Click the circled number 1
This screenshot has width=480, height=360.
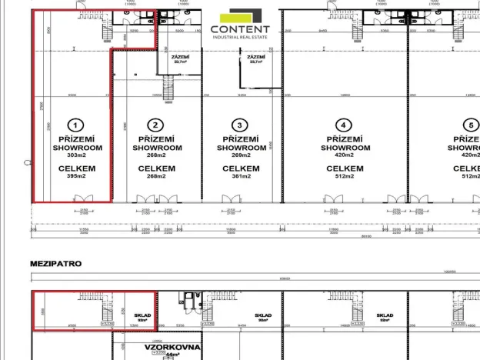pos(75,125)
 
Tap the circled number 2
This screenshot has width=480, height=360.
pos(156,125)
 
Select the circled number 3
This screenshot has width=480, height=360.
pos(240,125)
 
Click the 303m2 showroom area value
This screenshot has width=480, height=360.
pos(75,155)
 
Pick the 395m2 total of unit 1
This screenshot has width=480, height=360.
pos(75,176)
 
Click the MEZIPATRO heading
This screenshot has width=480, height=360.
pos(55,264)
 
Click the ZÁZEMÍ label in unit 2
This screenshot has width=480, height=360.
pos(180,57)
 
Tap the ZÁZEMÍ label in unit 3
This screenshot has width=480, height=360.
pos(255,57)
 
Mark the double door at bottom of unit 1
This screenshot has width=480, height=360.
pos(82,199)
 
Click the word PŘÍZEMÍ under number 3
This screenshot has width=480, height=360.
pos(240,139)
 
